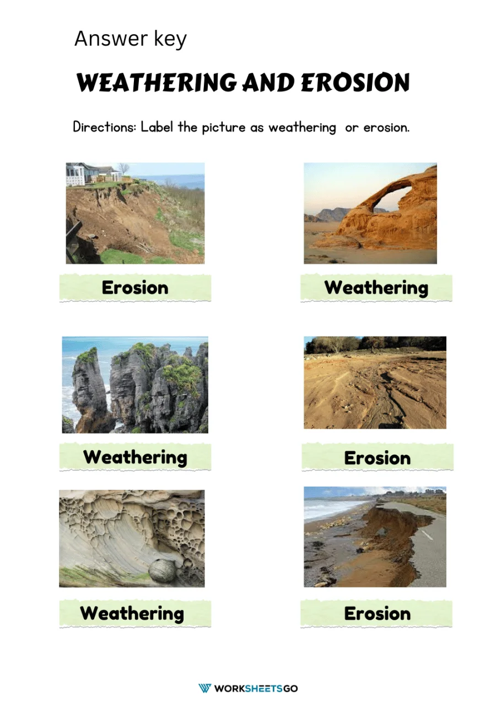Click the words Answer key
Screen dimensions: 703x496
coord(130,39)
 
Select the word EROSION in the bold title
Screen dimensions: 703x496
coord(355,83)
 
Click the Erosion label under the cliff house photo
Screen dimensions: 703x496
coord(135,287)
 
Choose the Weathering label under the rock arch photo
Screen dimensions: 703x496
coord(376,287)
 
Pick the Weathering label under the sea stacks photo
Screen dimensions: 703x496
coord(135,457)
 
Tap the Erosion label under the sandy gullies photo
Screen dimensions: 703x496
coord(377,457)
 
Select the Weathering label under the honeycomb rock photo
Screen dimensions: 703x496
coord(132,613)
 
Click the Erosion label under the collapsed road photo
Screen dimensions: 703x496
coord(377,613)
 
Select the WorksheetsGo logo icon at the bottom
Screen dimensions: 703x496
coord(204,688)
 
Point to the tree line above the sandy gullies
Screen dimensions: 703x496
coord(375,343)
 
